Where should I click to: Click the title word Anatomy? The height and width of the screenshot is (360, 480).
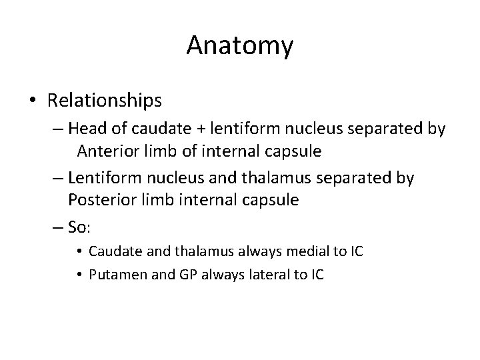coord(239,45)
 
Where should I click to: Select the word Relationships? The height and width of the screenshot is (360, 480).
coord(104,100)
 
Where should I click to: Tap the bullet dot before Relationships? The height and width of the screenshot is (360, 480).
coord(33,101)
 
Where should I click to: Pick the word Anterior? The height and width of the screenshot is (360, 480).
coord(107,151)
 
